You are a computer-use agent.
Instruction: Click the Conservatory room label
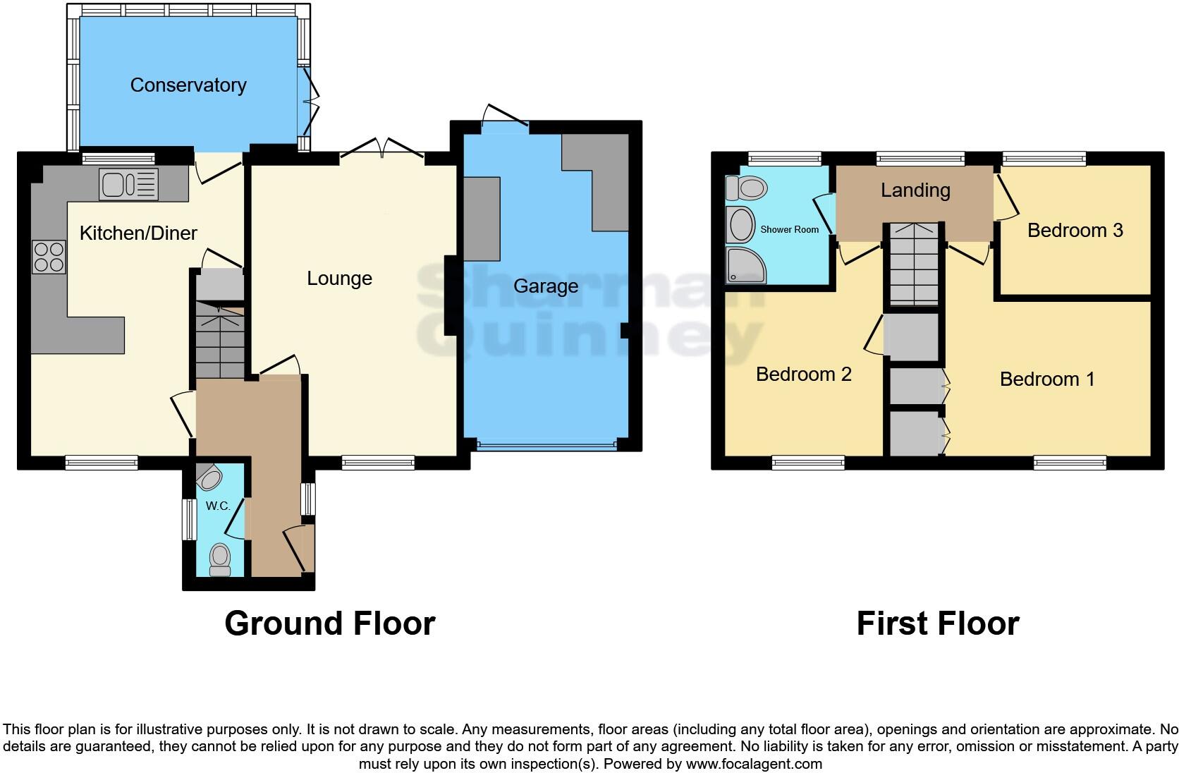click(188, 85)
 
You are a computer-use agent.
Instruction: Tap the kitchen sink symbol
click(129, 185)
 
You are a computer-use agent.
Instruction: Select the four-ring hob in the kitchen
click(49, 257)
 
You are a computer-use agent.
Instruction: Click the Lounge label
click(339, 279)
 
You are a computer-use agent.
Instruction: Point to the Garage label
click(545, 286)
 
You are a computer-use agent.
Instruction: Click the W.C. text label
click(218, 506)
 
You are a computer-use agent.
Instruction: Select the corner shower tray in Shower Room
click(745, 264)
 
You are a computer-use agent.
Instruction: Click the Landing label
click(915, 190)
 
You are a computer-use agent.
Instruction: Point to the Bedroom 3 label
click(1075, 231)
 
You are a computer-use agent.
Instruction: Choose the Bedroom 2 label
click(803, 375)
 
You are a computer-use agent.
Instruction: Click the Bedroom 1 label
click(1047, 379)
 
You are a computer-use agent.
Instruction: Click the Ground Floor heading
click(329, 623)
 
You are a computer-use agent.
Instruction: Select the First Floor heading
click(937, 623)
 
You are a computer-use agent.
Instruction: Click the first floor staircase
click(914, 264)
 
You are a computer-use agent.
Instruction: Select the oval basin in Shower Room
click(741, 226)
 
